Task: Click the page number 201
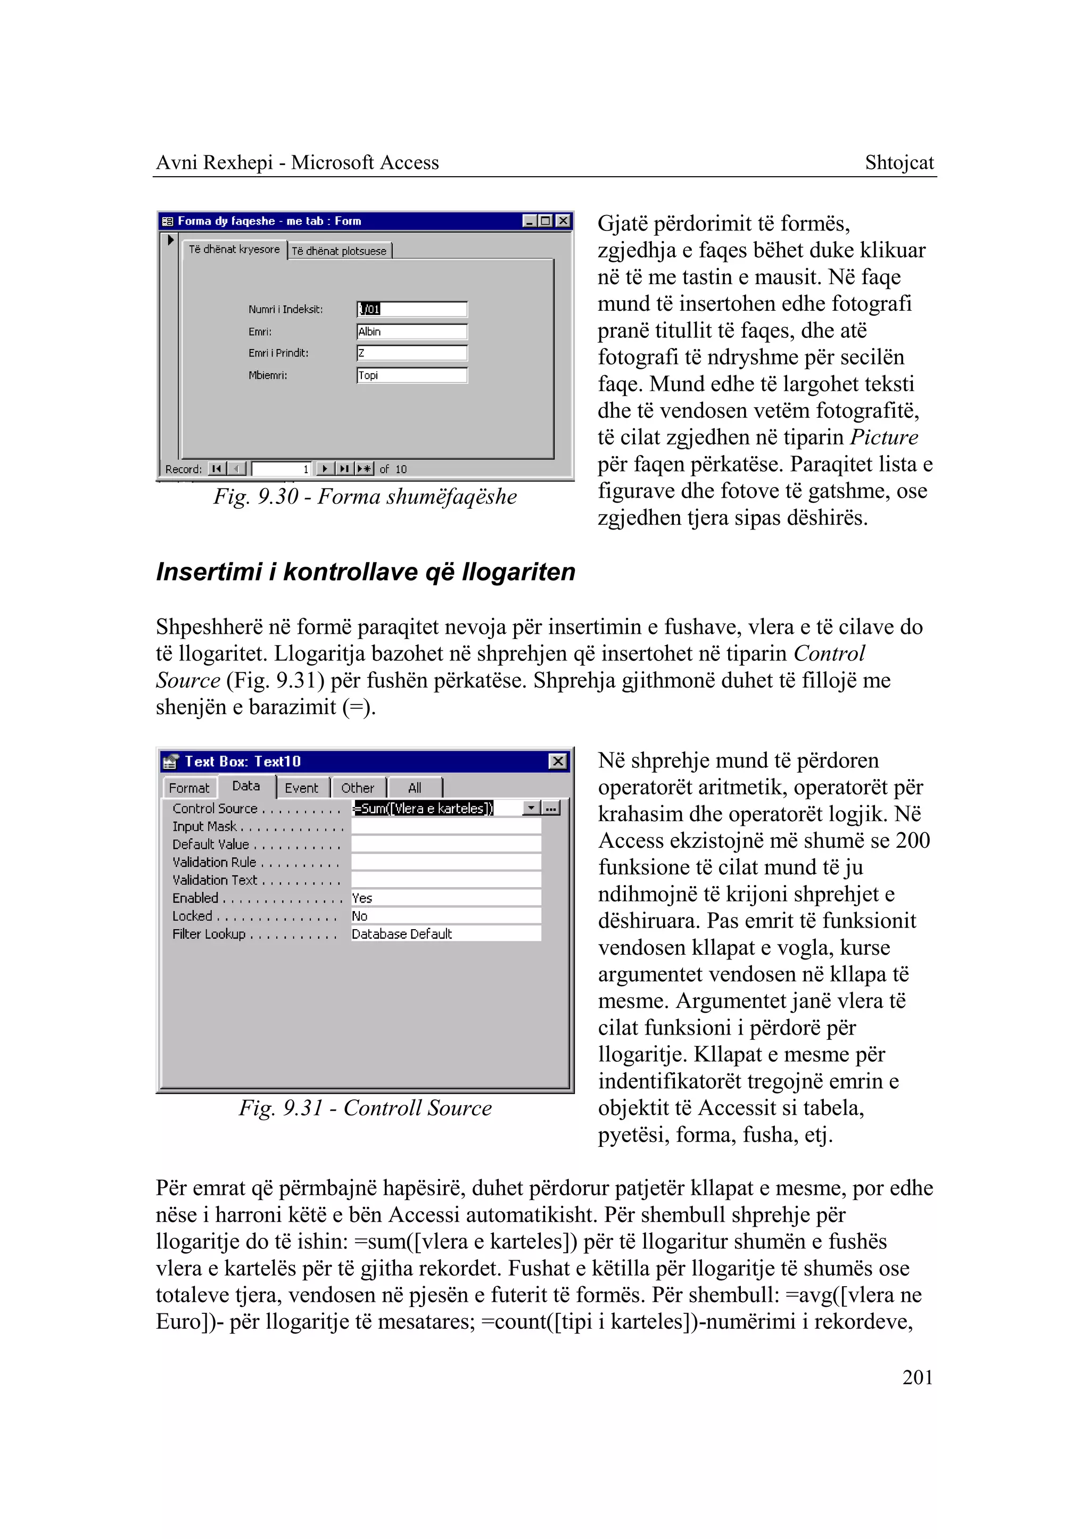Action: coord(917,1377)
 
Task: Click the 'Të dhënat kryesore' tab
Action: coord(234,249)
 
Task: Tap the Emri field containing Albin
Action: coord(411,332)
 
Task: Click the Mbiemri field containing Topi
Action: coord(411,375)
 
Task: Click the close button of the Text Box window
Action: coord(558,761)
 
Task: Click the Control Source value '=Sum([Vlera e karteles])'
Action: coord(424,808)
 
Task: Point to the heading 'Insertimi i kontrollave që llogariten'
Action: coord(366,572)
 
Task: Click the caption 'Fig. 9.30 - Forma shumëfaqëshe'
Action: coord(365,497)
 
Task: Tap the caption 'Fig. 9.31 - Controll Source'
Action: coord(365,1108)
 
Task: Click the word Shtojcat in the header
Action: coord(899,162)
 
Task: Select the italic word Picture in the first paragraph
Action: coord(884,437)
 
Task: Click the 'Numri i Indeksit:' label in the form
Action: coord(285,309)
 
